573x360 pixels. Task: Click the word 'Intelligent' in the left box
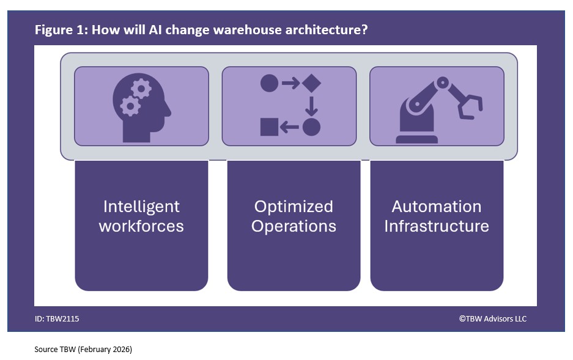(x=141, y=206)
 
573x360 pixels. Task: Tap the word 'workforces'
(x=141, y=226)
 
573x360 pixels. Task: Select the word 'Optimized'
(x=294, y=206)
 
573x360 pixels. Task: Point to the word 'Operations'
(x=294, y=226)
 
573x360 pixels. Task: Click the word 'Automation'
(x=437, y=206)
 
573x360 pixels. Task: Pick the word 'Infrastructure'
(x=437, y=226)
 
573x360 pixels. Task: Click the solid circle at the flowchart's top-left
(x=269, y=83)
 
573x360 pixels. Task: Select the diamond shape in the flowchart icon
(x=311, y=83)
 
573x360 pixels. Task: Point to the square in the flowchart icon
(x=269, y=127)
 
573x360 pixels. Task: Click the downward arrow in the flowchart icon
(x=311, y=105)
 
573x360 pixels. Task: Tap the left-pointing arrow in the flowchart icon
(x=290, y=127)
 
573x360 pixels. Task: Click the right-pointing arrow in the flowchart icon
(x=290, y=83)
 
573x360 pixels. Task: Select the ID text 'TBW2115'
(x=62, y=318)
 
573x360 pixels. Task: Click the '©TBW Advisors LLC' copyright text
(x=492, y=318)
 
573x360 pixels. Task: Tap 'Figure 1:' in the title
(x=61, y=29)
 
